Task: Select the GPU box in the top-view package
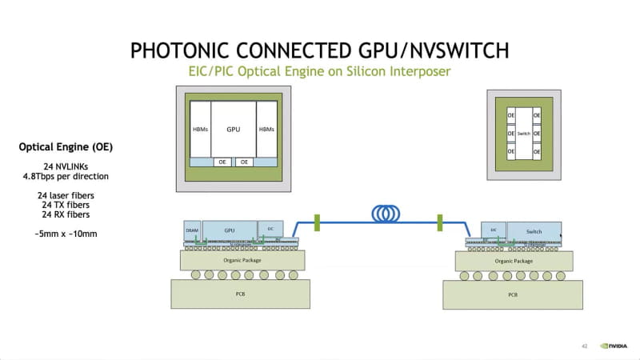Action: pyautogui.click(x=234, y=128)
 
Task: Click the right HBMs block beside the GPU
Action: pyautogui.click(x=266, y=129)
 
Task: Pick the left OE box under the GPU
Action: pyautogui.click(x=223, y=162)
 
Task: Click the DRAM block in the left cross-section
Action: pyautogui.click(x=192, y=230)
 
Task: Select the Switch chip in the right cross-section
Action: pyautogui.click(x=534, y=230)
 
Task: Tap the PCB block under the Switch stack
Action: pyautogui.click(x=513, y=294)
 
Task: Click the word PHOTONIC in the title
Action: pyautogui.click(x=182, y=51)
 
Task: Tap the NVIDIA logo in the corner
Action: pyautogui.click(x=615, y=346)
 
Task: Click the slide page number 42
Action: pyautogui.click(x=585, y=346)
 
